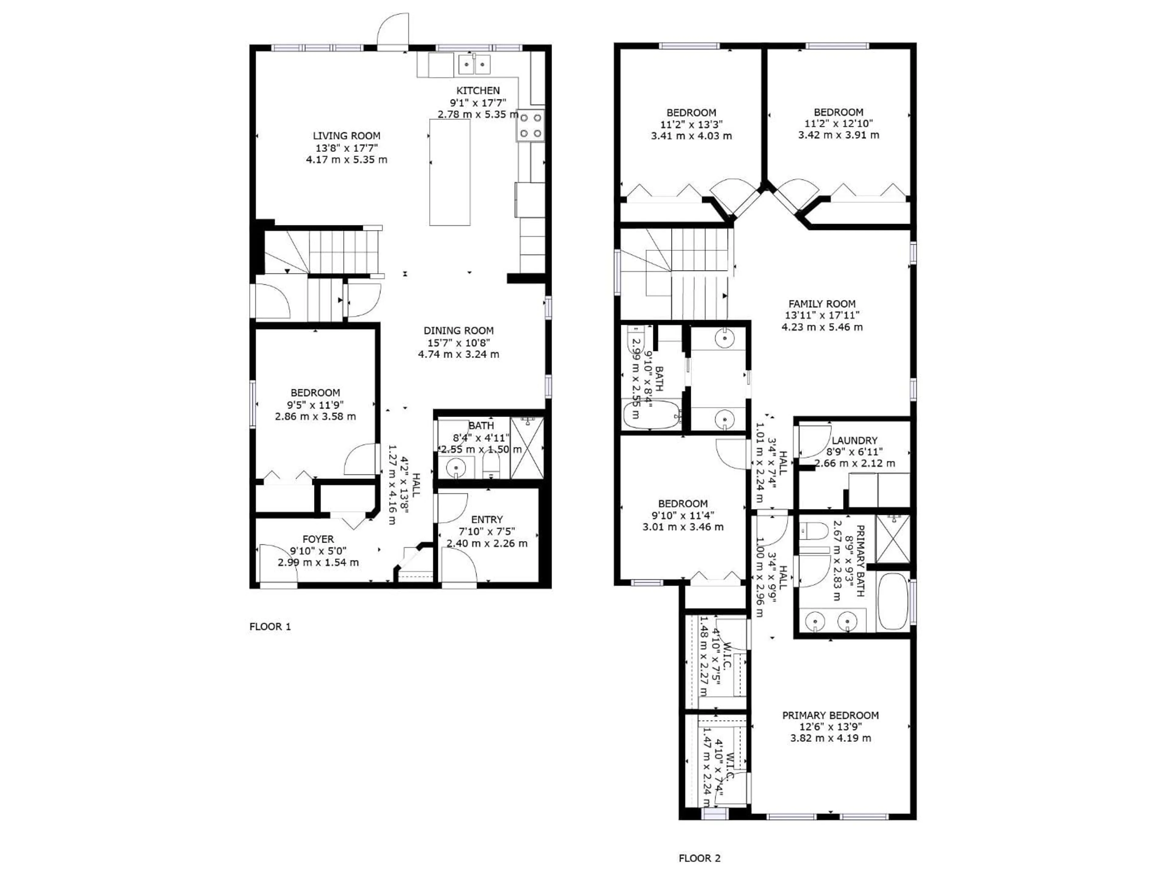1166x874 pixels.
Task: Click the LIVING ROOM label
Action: pyautogui.click(x=346, y=136)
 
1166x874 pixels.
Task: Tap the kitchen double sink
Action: pyautogui.click(x=474, y=64)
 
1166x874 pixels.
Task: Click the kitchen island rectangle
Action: pyautogui.click(x=450, y=172)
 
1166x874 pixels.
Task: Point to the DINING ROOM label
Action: pyautogui.click(x=458, y=331)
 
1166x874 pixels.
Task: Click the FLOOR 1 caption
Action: pyautogui.click(x=270, y=626)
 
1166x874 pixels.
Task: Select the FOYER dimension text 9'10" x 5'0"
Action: pyautogui.click(x=318, y=551)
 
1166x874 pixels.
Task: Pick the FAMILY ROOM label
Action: pyautogui.click(x=822, y=304)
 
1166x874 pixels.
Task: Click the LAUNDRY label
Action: pyautogui.click(x=854, y=440)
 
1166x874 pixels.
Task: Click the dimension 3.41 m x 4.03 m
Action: pyautogui.click(x=691, y=136)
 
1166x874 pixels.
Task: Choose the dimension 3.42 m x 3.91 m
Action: pyautogui.click(x=838, y=135)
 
